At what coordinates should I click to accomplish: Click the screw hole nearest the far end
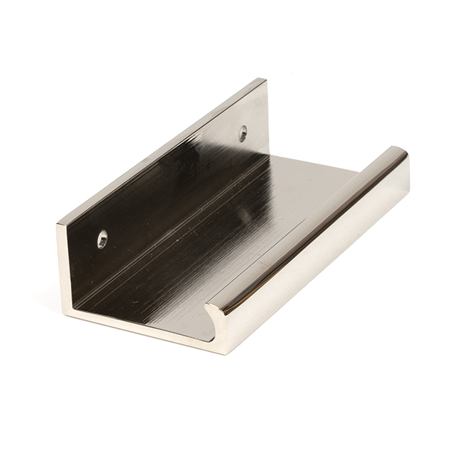242,133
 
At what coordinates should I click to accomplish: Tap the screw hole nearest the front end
103,238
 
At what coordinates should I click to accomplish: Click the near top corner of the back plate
58,225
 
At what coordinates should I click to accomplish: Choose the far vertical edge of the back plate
267,116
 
